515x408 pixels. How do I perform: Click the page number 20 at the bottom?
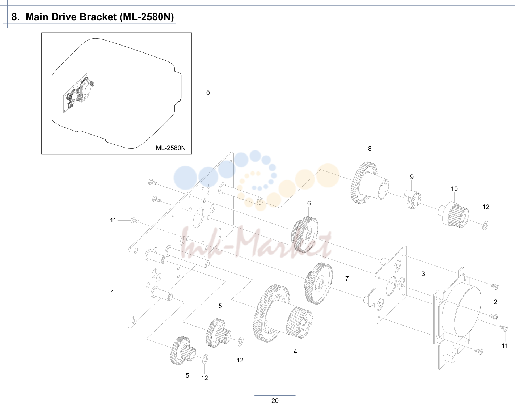pos(275,401)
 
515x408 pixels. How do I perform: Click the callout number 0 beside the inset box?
pos(208,93)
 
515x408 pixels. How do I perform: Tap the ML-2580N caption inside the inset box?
pos(170,148)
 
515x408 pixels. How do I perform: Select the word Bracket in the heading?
pos(98,17)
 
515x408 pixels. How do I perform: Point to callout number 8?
pos(370,149)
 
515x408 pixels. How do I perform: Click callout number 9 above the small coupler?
pos(412,177)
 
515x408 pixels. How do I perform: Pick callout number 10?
pos(454,189)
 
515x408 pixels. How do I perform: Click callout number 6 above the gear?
pos(309,203)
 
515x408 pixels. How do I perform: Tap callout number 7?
pos(347,279)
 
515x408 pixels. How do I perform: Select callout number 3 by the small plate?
pos(423,274)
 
